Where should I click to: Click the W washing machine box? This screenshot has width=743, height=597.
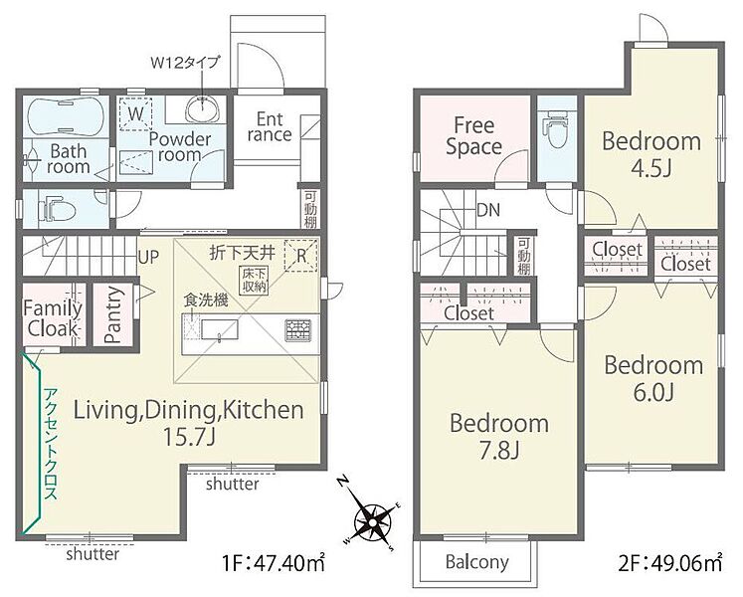135,113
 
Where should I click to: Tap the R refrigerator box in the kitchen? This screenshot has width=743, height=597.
301,256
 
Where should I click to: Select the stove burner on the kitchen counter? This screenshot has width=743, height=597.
298,330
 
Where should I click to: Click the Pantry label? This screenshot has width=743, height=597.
113,314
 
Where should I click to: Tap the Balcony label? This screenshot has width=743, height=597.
476,562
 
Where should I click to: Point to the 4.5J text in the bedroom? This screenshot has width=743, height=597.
651,168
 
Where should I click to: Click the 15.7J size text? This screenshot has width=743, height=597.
189,436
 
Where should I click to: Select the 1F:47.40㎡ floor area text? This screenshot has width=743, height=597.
274,564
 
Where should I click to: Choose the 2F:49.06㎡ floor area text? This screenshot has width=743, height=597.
670,564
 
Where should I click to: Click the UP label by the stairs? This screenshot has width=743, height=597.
148,257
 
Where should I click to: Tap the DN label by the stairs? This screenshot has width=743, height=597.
488,210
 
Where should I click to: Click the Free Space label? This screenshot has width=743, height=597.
473,136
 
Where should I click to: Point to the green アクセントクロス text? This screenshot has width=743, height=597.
51,444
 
